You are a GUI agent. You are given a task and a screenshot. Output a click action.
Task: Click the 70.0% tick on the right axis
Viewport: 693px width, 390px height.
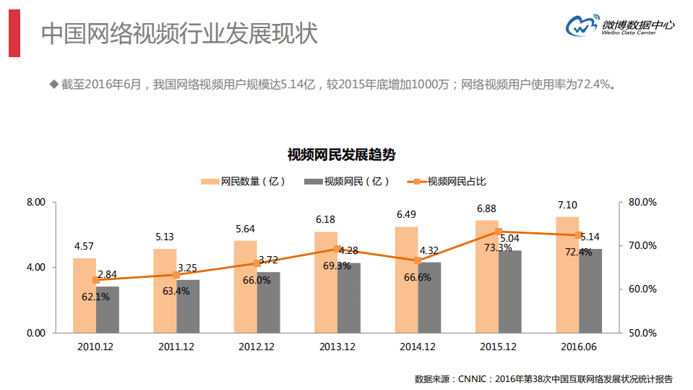pyautogui.click(x=642, y=246)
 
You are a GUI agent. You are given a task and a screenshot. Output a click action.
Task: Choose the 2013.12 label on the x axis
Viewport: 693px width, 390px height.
pyautogui.click(x=337, y=347)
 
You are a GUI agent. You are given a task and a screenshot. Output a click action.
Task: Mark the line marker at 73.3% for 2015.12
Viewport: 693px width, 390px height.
pyautogui.click(x=498, y=232)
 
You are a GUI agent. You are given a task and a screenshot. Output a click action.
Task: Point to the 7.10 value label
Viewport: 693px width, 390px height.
pyautogui.click(x=567, y=205)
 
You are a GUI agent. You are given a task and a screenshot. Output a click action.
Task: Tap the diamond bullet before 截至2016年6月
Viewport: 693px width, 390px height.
pyautogui.click(x=53, y=85)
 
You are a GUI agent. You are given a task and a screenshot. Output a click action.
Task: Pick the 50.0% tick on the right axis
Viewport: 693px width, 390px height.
pyautogui.click(x=642, y=333)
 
